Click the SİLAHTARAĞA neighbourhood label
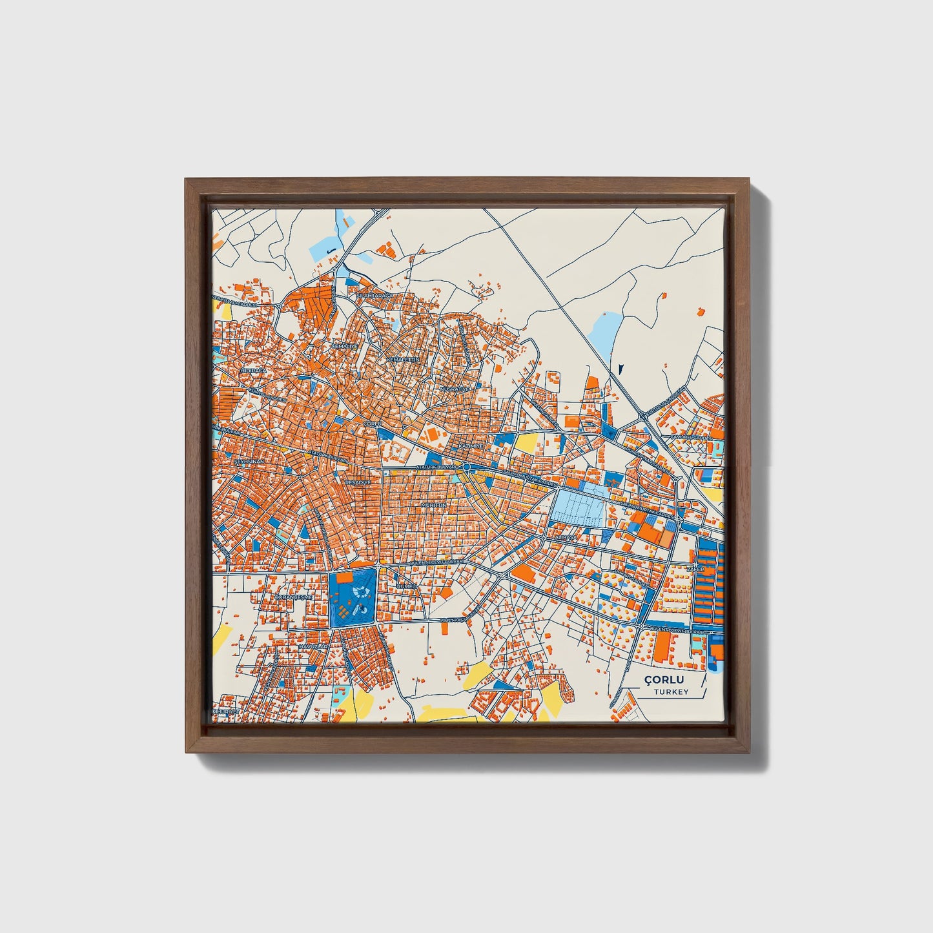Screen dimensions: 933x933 (x=374, y=294)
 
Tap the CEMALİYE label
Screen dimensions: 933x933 (x=344, y=346)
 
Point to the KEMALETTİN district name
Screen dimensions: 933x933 (x=403, y=358)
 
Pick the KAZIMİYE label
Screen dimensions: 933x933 (x=471, y=446)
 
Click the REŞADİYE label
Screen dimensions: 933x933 (x=358, y=482)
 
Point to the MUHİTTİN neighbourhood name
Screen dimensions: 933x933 (x=433, y=505)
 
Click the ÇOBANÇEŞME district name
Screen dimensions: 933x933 (x=294, y=597)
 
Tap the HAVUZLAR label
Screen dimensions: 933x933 (x=314, y=646)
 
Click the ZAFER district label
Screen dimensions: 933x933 (x=695, y=569)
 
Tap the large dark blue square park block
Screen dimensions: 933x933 (x=352, y=597)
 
